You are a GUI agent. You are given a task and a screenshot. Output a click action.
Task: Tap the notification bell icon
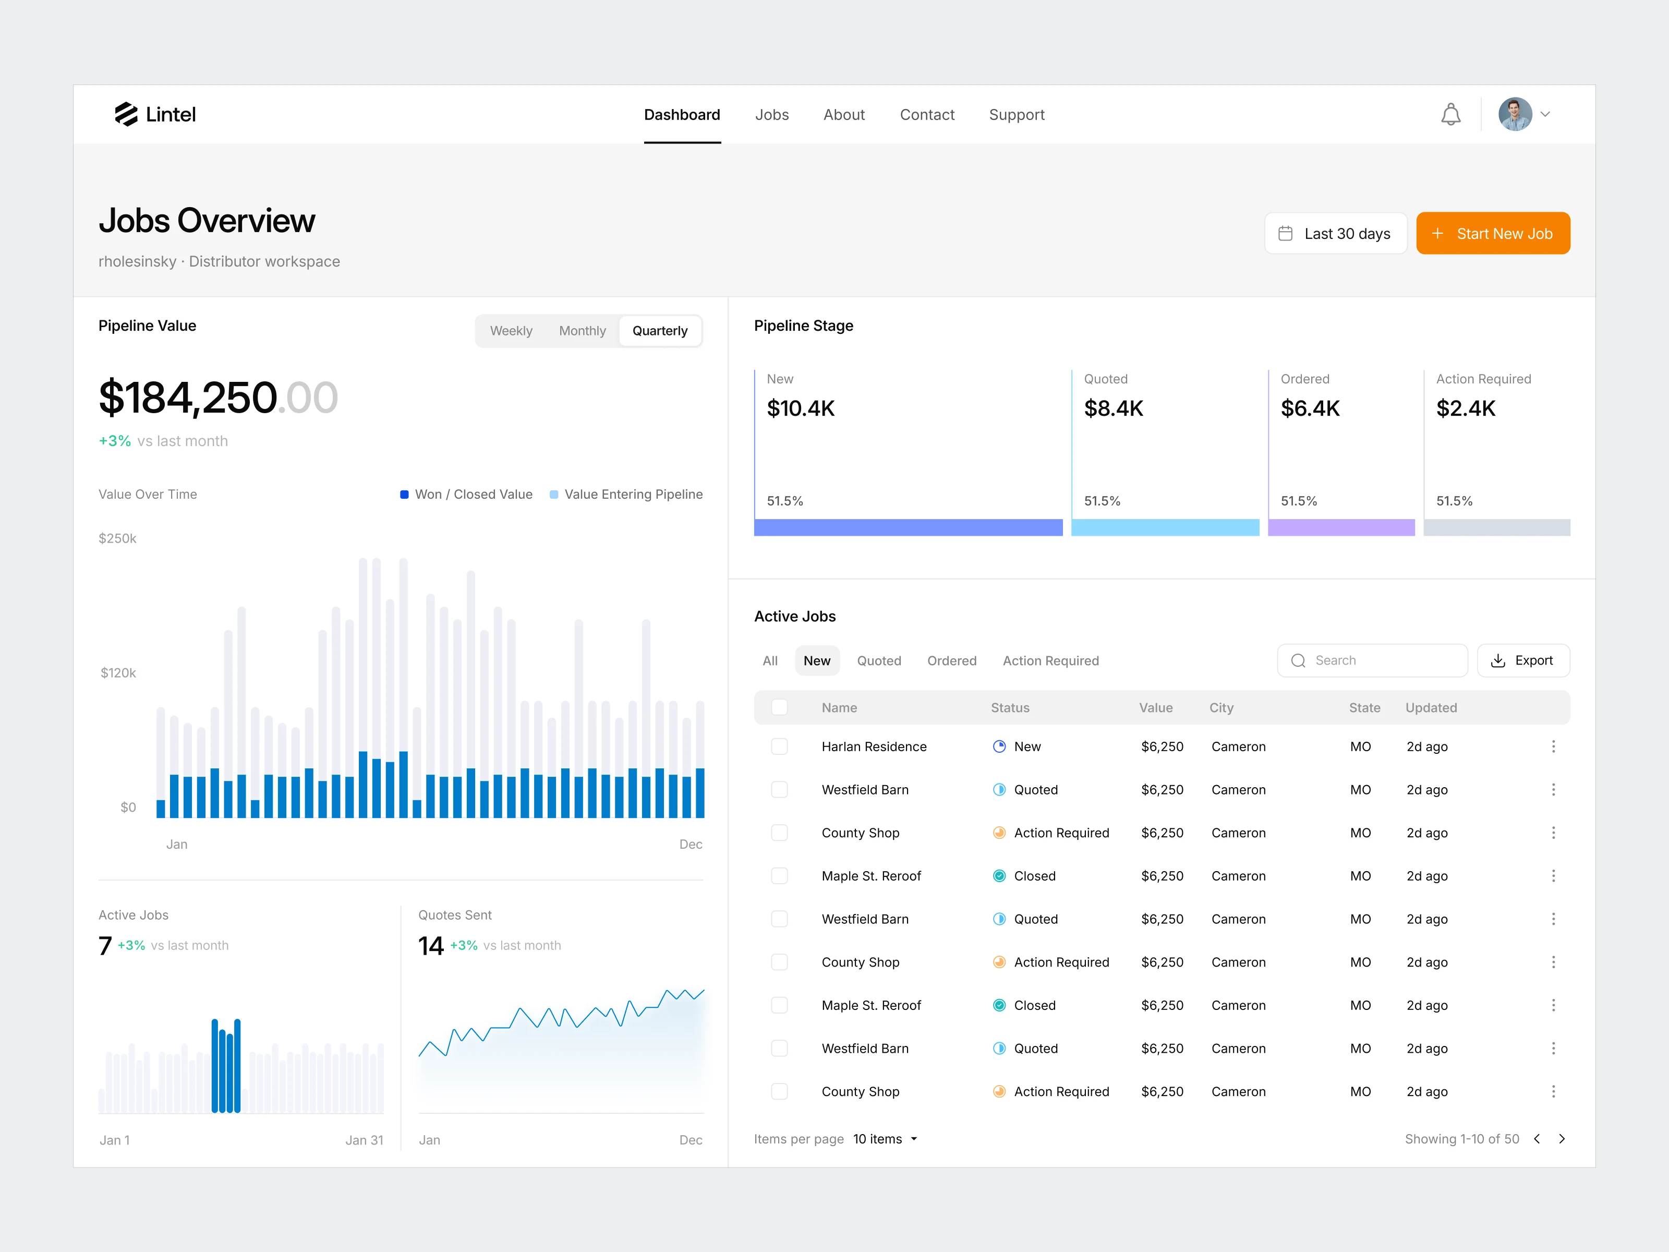click(x=1450, y=115)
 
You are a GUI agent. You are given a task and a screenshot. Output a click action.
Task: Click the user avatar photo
click(x=1515, y=114)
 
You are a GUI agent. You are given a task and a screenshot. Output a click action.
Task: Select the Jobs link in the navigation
click(x=772, y=115)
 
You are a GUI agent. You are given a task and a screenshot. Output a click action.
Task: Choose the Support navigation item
click(x=1017, y=115)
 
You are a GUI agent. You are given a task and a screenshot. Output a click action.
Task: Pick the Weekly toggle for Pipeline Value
click(x=511, y=331)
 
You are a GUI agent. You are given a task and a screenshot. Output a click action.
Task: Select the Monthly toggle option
click(x=582, y=331)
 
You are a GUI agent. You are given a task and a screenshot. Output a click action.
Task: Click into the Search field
click(x=1372, y=660)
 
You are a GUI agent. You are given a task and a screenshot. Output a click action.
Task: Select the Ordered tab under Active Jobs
click(x=951, y=661)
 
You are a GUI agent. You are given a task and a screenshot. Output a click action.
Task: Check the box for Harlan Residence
click(x=779, y=747)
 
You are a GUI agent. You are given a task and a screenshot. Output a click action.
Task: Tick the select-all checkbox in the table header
click(x=779, y=707)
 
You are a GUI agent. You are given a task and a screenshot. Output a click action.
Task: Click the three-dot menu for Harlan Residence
click(x=1553, y=747)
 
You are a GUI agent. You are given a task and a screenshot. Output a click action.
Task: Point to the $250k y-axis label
click(x=118, y=538)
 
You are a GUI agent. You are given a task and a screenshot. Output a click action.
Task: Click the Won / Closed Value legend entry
click(x=466, y=495)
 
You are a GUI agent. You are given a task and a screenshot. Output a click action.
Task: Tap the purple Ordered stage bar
click(x=1341, y=527)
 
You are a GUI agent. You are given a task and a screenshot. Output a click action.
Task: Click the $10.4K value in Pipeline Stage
click(x=801, y=408)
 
